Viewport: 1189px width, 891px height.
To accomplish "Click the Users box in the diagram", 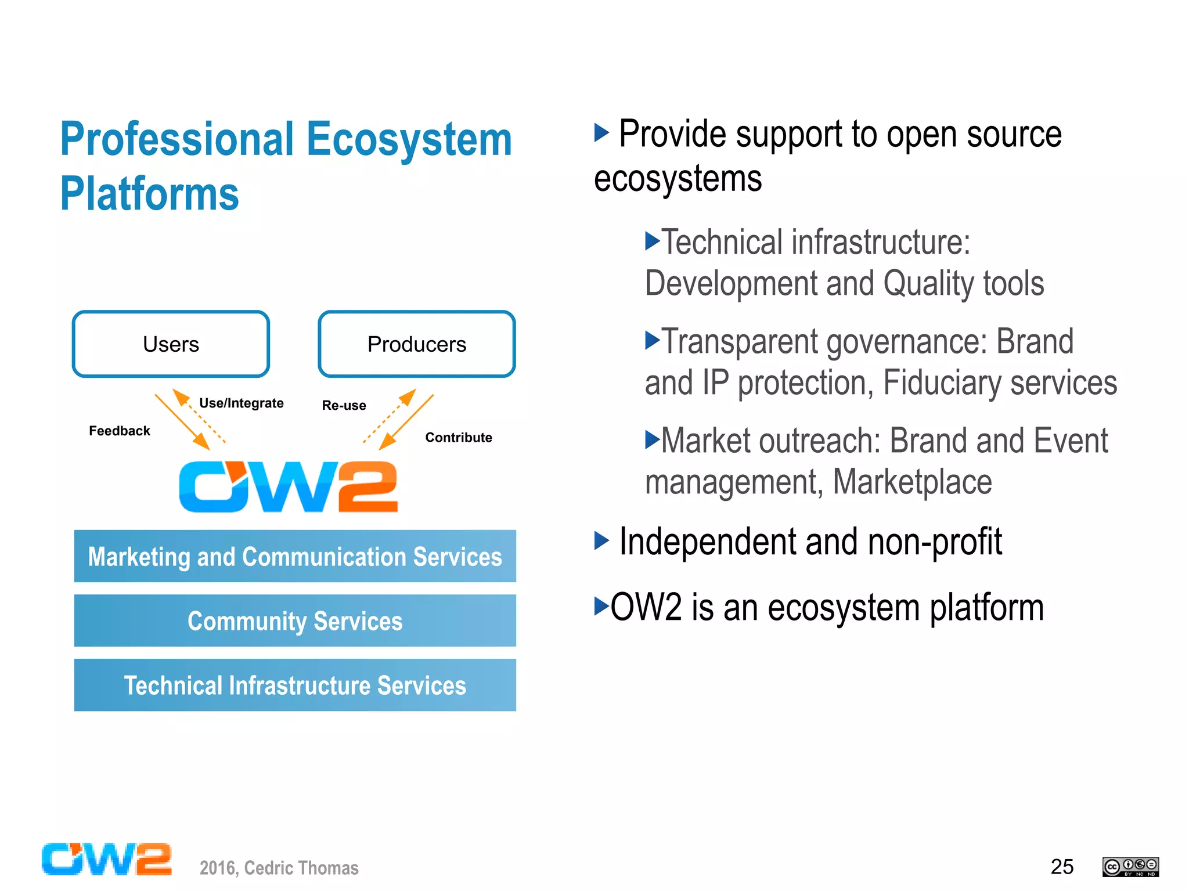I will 171,344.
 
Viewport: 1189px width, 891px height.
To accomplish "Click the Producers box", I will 416,344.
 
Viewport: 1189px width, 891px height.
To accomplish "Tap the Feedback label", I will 119,431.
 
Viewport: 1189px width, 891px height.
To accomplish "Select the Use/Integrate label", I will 241,403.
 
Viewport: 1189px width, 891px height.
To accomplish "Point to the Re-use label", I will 344,405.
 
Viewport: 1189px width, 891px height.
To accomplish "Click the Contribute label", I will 458,437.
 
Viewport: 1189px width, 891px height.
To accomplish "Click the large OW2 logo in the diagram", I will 288,486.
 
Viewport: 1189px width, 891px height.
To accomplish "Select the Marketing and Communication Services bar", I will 295,556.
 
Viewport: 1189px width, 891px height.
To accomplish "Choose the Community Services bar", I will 295,621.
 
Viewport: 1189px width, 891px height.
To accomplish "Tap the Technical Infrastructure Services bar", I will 295,685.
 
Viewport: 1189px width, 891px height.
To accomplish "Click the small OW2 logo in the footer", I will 106,859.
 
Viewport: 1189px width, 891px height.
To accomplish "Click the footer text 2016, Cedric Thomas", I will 279,868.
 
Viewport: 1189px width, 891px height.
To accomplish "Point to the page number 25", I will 1061,867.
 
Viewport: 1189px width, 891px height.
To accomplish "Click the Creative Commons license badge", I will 1130,867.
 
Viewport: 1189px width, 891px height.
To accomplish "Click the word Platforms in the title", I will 149,193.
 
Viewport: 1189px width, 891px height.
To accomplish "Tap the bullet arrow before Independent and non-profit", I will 601,541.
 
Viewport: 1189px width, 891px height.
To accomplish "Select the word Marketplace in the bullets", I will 912,482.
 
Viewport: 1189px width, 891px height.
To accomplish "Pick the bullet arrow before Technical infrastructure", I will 652,240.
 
